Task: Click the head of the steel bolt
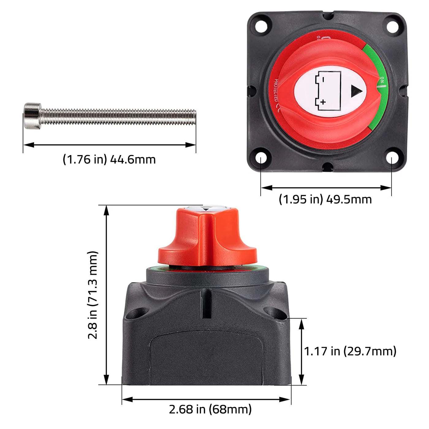click(32, 116)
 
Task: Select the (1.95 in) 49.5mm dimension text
click(325, 199)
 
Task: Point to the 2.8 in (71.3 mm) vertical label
click(93, 295)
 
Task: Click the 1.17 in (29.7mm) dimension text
click(350, 351)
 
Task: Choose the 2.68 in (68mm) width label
click(210, 409)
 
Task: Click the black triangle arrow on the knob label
click(356, 91)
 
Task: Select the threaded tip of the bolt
click(192, 117)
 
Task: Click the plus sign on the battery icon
click(323, 102)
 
